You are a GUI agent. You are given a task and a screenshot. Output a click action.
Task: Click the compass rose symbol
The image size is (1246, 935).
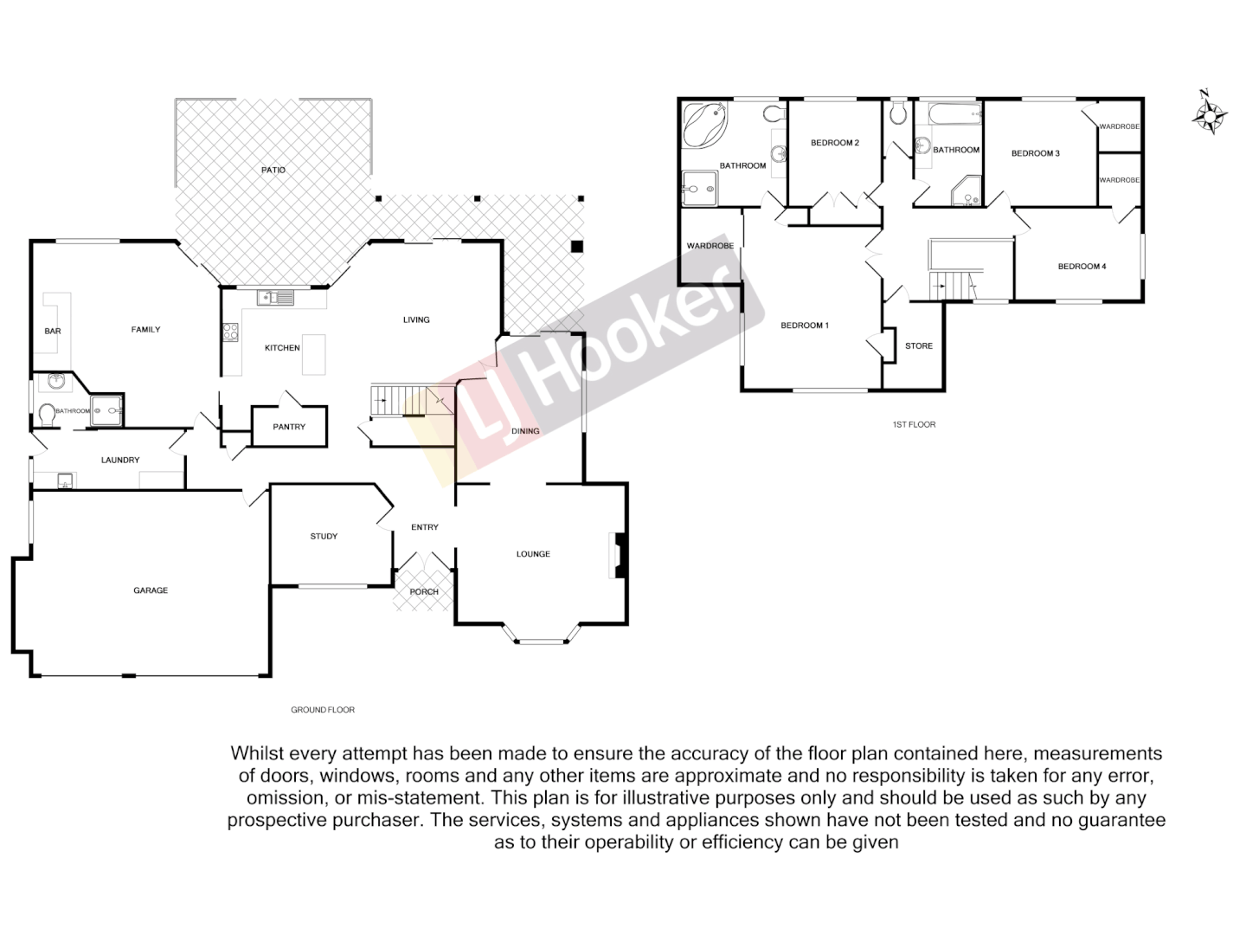[1209, 113]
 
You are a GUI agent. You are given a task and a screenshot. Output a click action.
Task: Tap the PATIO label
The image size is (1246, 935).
[273, 170]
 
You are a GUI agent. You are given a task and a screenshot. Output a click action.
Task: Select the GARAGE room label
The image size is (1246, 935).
[151, 590]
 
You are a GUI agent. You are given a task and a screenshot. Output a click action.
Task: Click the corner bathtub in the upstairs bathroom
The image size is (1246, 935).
[704, 125]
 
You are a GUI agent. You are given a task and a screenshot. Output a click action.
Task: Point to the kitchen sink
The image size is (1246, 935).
[275, 299]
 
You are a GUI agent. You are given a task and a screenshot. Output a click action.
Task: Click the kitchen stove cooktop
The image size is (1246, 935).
[230, 332]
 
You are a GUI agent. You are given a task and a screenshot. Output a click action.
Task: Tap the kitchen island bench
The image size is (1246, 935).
[313, 354]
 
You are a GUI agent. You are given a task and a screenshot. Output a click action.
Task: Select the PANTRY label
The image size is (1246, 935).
[289, 427]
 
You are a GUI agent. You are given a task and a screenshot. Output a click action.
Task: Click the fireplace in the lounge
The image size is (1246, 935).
[618, 555]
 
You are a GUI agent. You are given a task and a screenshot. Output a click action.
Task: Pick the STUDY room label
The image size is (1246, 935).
[324, 536]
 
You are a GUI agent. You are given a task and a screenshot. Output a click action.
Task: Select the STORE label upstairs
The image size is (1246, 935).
[919, 346]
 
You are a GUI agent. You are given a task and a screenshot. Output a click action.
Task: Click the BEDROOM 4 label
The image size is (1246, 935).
[1082, 267]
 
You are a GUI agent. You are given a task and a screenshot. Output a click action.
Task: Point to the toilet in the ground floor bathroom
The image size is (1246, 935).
[48, 416]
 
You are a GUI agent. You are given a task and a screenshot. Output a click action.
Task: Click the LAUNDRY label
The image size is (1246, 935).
[120, 461]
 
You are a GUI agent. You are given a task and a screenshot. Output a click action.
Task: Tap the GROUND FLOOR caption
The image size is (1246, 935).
[323, 710]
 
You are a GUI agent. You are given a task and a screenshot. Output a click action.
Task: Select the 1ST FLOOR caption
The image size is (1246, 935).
[914, 425]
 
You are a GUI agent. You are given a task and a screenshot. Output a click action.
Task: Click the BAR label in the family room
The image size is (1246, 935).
[53, 332]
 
